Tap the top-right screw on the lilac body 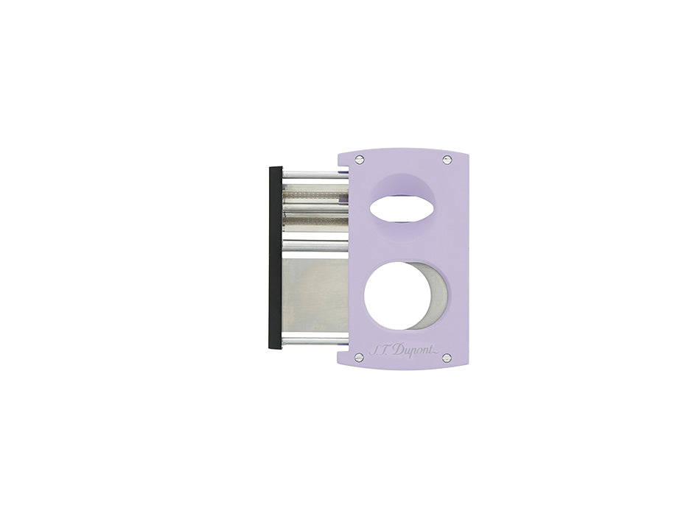click(x=446, y=159)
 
